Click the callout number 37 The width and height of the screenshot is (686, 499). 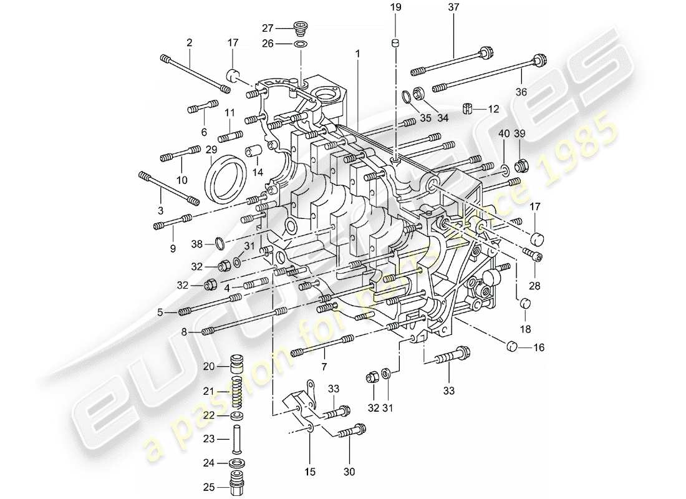point(453,8)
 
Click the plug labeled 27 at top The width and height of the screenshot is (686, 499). point(301,28)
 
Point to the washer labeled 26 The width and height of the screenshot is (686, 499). point(301,45)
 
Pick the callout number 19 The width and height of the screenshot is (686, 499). point(395,8)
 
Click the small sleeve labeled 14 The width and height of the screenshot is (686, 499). point(253,152)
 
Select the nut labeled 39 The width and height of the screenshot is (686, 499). point(521,166)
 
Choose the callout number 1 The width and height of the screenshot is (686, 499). point(358,55)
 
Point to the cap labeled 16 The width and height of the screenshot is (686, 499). point(512,346)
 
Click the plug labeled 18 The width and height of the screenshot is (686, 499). point(526,304)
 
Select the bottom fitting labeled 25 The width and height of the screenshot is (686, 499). point(237,485)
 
